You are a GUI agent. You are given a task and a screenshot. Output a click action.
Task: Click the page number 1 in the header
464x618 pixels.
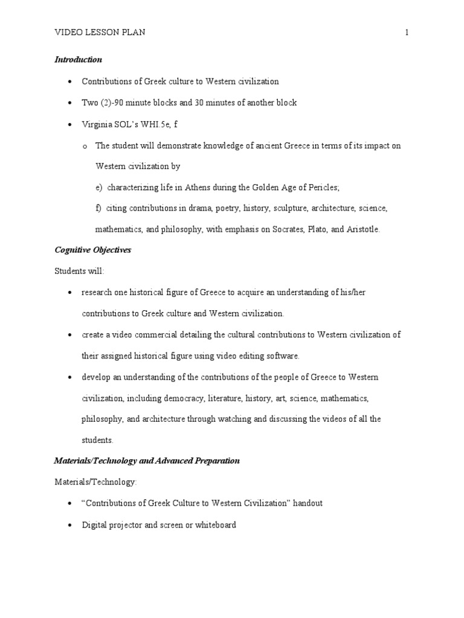coord(407,33)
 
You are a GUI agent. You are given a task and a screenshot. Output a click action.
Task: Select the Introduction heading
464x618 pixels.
coord(79,60)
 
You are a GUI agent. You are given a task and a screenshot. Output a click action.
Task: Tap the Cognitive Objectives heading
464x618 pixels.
coord(92,250)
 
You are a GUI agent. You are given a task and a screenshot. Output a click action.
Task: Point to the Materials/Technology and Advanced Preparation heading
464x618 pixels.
coord(147,461)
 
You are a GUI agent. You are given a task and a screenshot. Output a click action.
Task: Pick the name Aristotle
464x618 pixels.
coord(362,229)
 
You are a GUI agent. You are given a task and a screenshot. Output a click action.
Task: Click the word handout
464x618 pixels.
coord(308,503)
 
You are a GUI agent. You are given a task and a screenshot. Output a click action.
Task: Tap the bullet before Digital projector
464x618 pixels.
coord(70,525)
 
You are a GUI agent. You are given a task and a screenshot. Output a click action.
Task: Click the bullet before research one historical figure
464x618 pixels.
coord(70,293)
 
